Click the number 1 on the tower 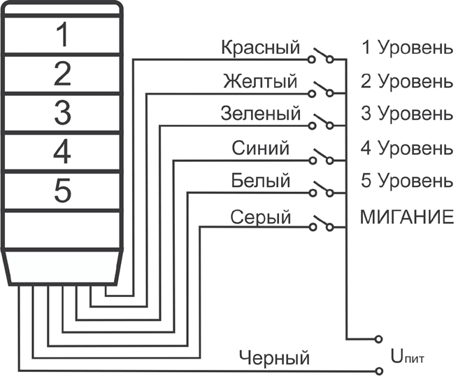click(62, 35)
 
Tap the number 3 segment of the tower click(62, 111)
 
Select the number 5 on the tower click(62, 189)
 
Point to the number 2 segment click(62, 73)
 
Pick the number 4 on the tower click(62, 150)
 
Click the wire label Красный click(259, 48)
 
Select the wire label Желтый click(259, 81)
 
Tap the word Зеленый click(259, 113)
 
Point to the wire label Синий click(259, 149)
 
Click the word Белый click(260, 181)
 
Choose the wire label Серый click(260, 218)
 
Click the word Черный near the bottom click(273, 359)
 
